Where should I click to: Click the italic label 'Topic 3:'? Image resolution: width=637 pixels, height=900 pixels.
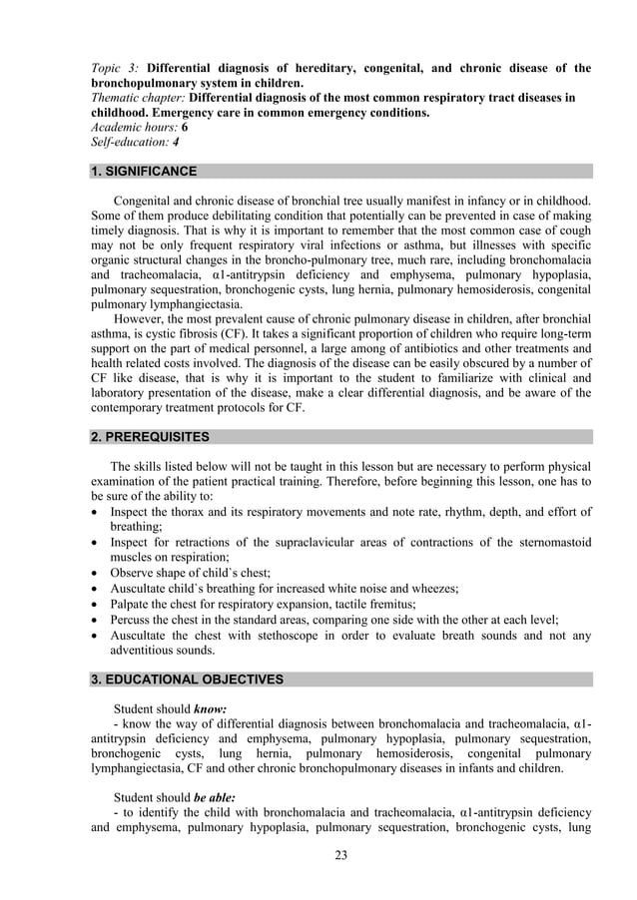(x=116, y=69)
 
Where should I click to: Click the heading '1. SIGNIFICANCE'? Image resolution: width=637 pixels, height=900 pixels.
(x=144, y=172)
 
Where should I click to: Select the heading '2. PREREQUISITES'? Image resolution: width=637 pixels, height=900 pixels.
(x=150, y=437)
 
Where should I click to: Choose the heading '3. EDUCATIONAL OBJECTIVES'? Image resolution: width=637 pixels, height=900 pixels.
(x=187, y=679)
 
